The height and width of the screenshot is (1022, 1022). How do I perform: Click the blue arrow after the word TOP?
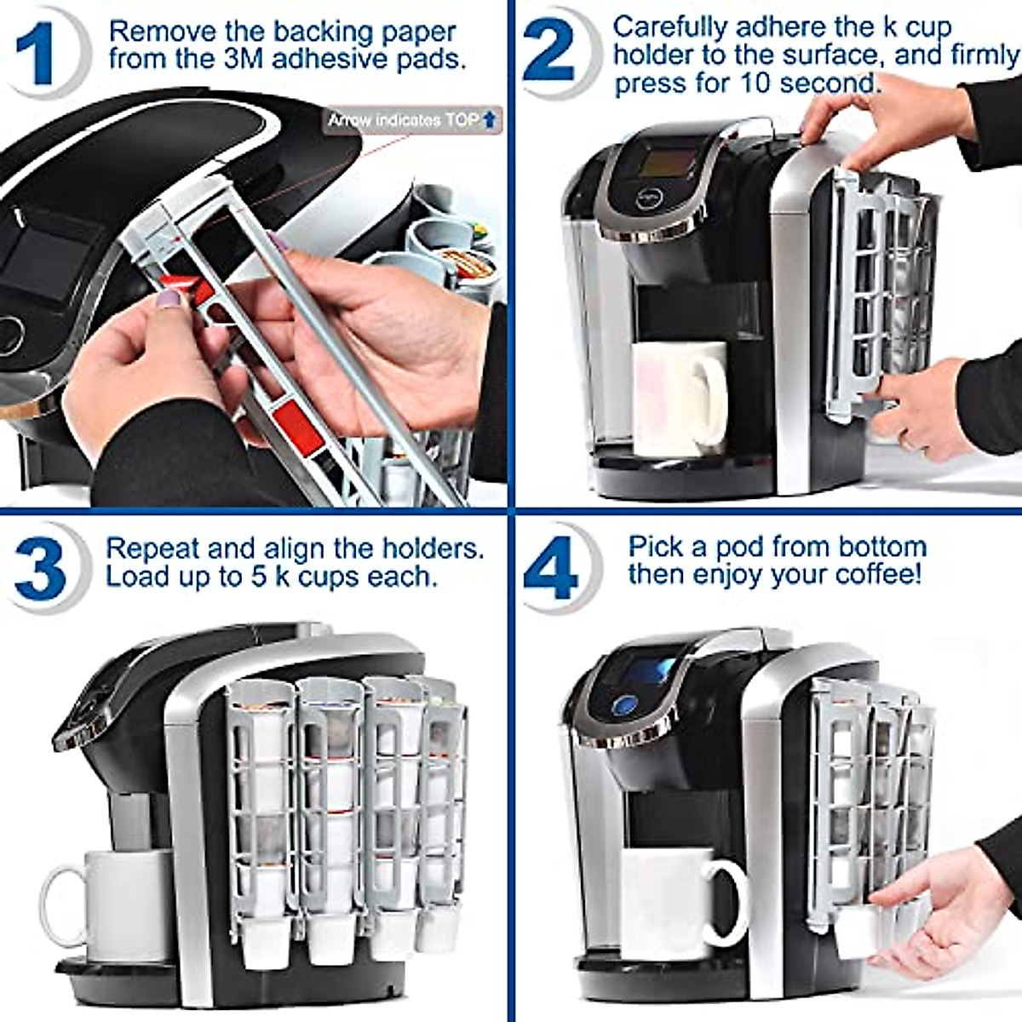point(489,119)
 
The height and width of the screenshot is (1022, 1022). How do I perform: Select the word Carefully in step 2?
point(669,26)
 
